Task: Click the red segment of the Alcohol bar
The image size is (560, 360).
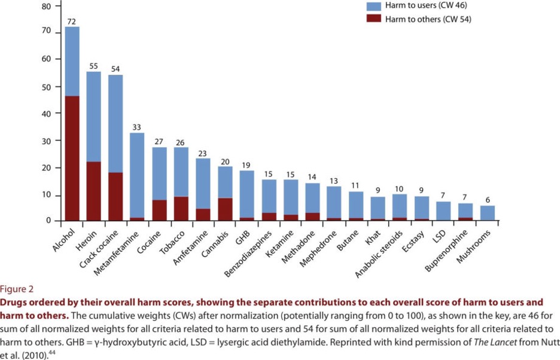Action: (72, 158)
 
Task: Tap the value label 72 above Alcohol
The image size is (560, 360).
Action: (72, 22)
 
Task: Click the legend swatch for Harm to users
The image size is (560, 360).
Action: (374, 6)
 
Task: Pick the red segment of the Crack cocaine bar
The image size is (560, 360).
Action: (116, 197)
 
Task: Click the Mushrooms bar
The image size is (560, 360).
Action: (488, 213)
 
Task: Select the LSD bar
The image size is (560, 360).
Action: (444, 211)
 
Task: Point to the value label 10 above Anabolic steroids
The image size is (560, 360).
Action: (400, 190)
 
